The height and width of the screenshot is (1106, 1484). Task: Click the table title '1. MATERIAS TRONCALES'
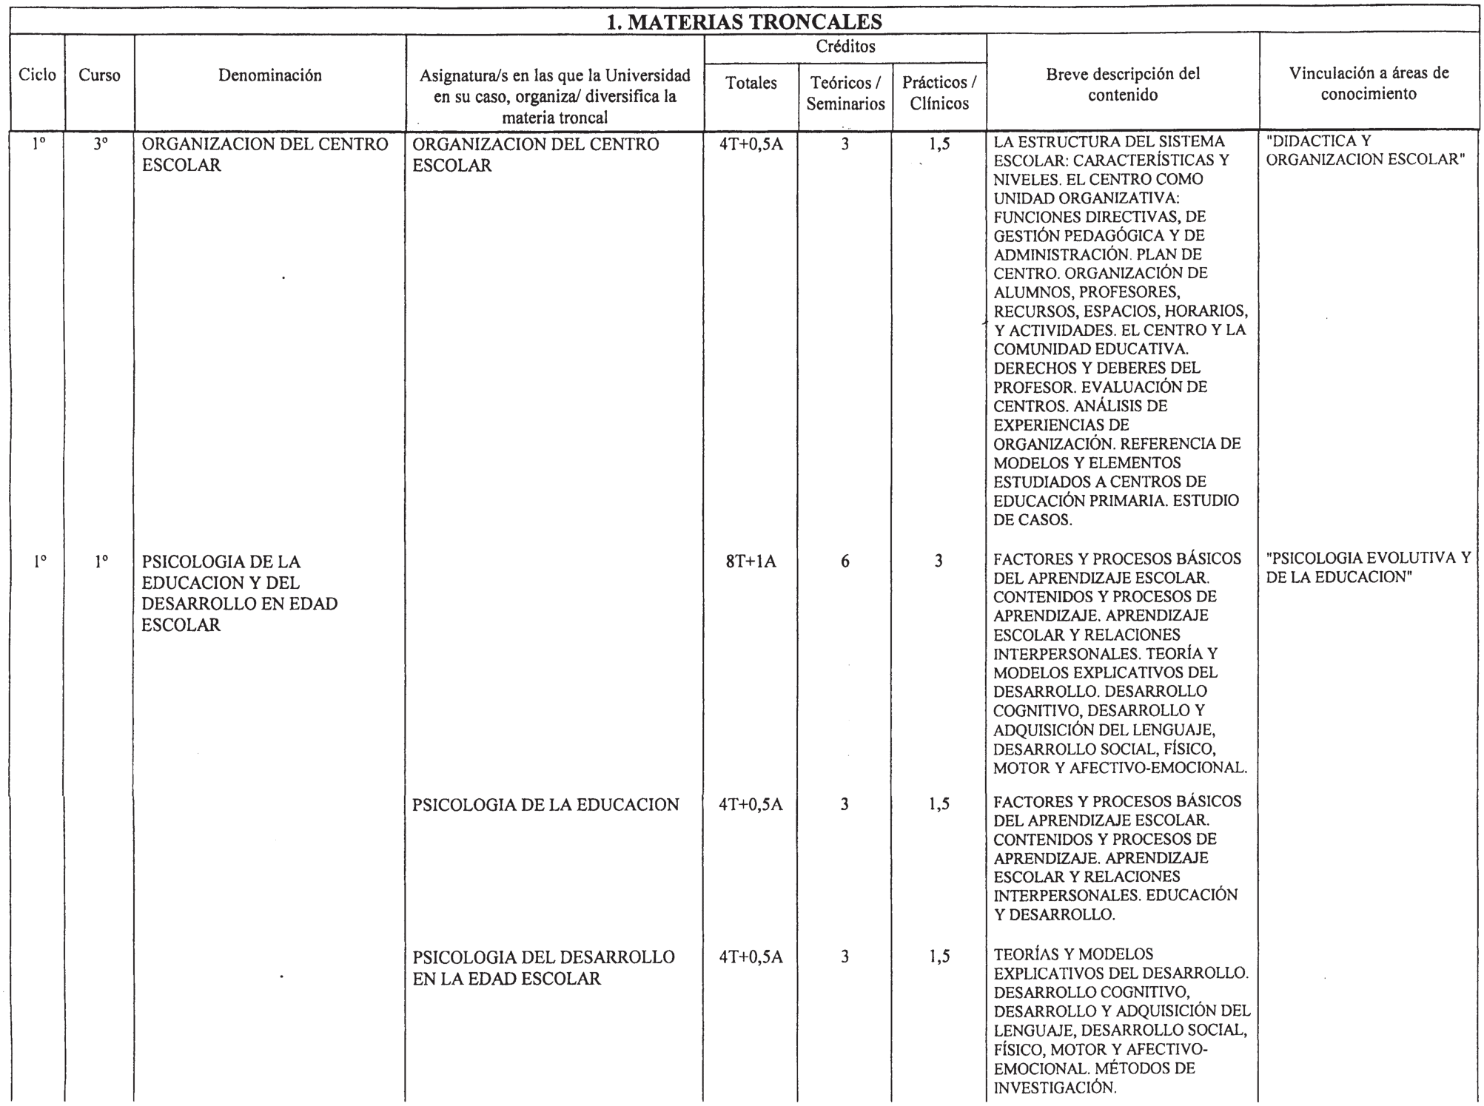pyautogui.click(x=744, y=21)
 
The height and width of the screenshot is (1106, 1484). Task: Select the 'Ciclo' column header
pyautogui.click(x=37, y=75)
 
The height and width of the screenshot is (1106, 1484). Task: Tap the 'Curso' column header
pyautogui.click(x=99, y=75)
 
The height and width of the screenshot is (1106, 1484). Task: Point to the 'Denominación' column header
pyautogui.click(x=270, y=75)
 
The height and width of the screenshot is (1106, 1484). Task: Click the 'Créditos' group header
pyautogui.click(x=845, y=47)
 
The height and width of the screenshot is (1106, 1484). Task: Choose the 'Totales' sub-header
pyautogui.click(x=751, y=84)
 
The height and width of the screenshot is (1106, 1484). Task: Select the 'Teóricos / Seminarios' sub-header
pyautogui.click(x=845, y=94)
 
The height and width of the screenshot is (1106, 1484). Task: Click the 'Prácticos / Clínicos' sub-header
pyautogui.click(x=939, y=94)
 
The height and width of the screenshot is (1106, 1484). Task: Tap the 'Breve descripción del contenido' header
pyautogui.click(x=1123, y=84)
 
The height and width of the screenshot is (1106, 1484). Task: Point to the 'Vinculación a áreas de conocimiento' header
pyautogui.click(x=1369, y=84)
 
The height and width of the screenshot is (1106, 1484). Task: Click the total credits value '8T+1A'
pyautogui.click(x=751, y=562)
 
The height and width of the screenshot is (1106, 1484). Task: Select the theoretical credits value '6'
pyautogui.click(x=845, y=562)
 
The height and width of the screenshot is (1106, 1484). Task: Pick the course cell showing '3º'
pyautogui.click(x=100, y=145)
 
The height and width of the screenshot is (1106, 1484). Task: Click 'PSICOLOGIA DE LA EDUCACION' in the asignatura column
pyautogui.click(x=545, y=805)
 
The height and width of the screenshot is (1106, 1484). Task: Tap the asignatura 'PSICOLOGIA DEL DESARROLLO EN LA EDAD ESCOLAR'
pyautogui.click(x=543, y=968)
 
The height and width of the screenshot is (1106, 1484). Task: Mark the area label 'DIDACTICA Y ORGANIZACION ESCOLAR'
pyautogui.click(x=1365, y=150)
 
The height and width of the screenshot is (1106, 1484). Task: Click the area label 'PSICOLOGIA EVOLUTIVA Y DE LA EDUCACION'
pyautogui.click(x=1369, y=567)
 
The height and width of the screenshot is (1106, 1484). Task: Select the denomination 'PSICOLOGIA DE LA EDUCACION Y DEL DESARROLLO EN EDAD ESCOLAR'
pyautogui.click(x=239, y=593)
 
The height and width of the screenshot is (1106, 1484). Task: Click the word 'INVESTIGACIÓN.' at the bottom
pyautogui.click(x=1055, y=1088)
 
